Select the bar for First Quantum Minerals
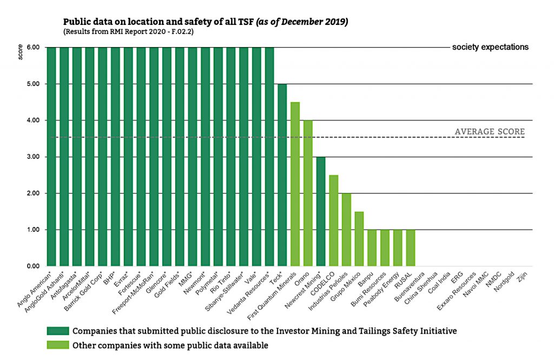click(x=295, y=184)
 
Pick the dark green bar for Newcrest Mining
click(x=321, y=211)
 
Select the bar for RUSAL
click(x=411, y=248)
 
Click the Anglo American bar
click(x=51, y=157)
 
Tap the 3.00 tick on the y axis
click(x=32, y=157)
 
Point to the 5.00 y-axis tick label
click(x=32, y=84)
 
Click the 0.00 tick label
click(x=32, y=266)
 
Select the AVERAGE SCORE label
click(x=490, y=131)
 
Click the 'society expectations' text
click(x=490, y=47)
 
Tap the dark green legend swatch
click(x=57, y=331)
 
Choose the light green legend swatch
click(x=57, y=344)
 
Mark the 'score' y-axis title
click(x=21, y=55)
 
